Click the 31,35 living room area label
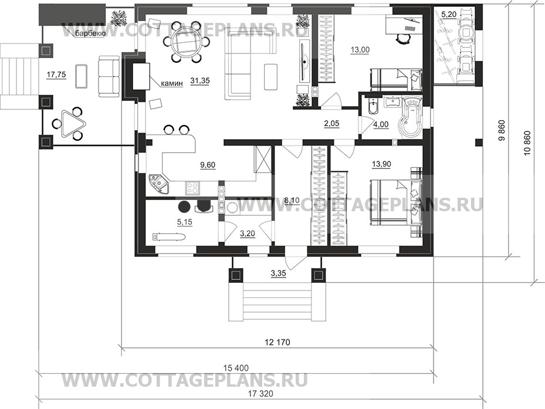[x=200, y=80]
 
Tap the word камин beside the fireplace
[x=172, y=83]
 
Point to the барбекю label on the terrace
[x=90, y=33]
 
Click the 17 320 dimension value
[x=260, y=394]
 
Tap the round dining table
[x=185, y=42]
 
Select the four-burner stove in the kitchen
[x=192, y=188]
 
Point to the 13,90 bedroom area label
[x=382, y=164]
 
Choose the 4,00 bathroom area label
[x=381, y=124]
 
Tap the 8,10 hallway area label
[x=291, y=201]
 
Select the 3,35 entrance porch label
[x=278, y=273]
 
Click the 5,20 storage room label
[x=449, y=15]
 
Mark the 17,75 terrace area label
[x=56, y=75]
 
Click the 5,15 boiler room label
[x=185, y=222]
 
